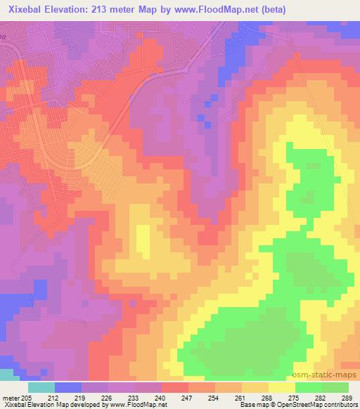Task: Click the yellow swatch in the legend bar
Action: click(281, 387)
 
